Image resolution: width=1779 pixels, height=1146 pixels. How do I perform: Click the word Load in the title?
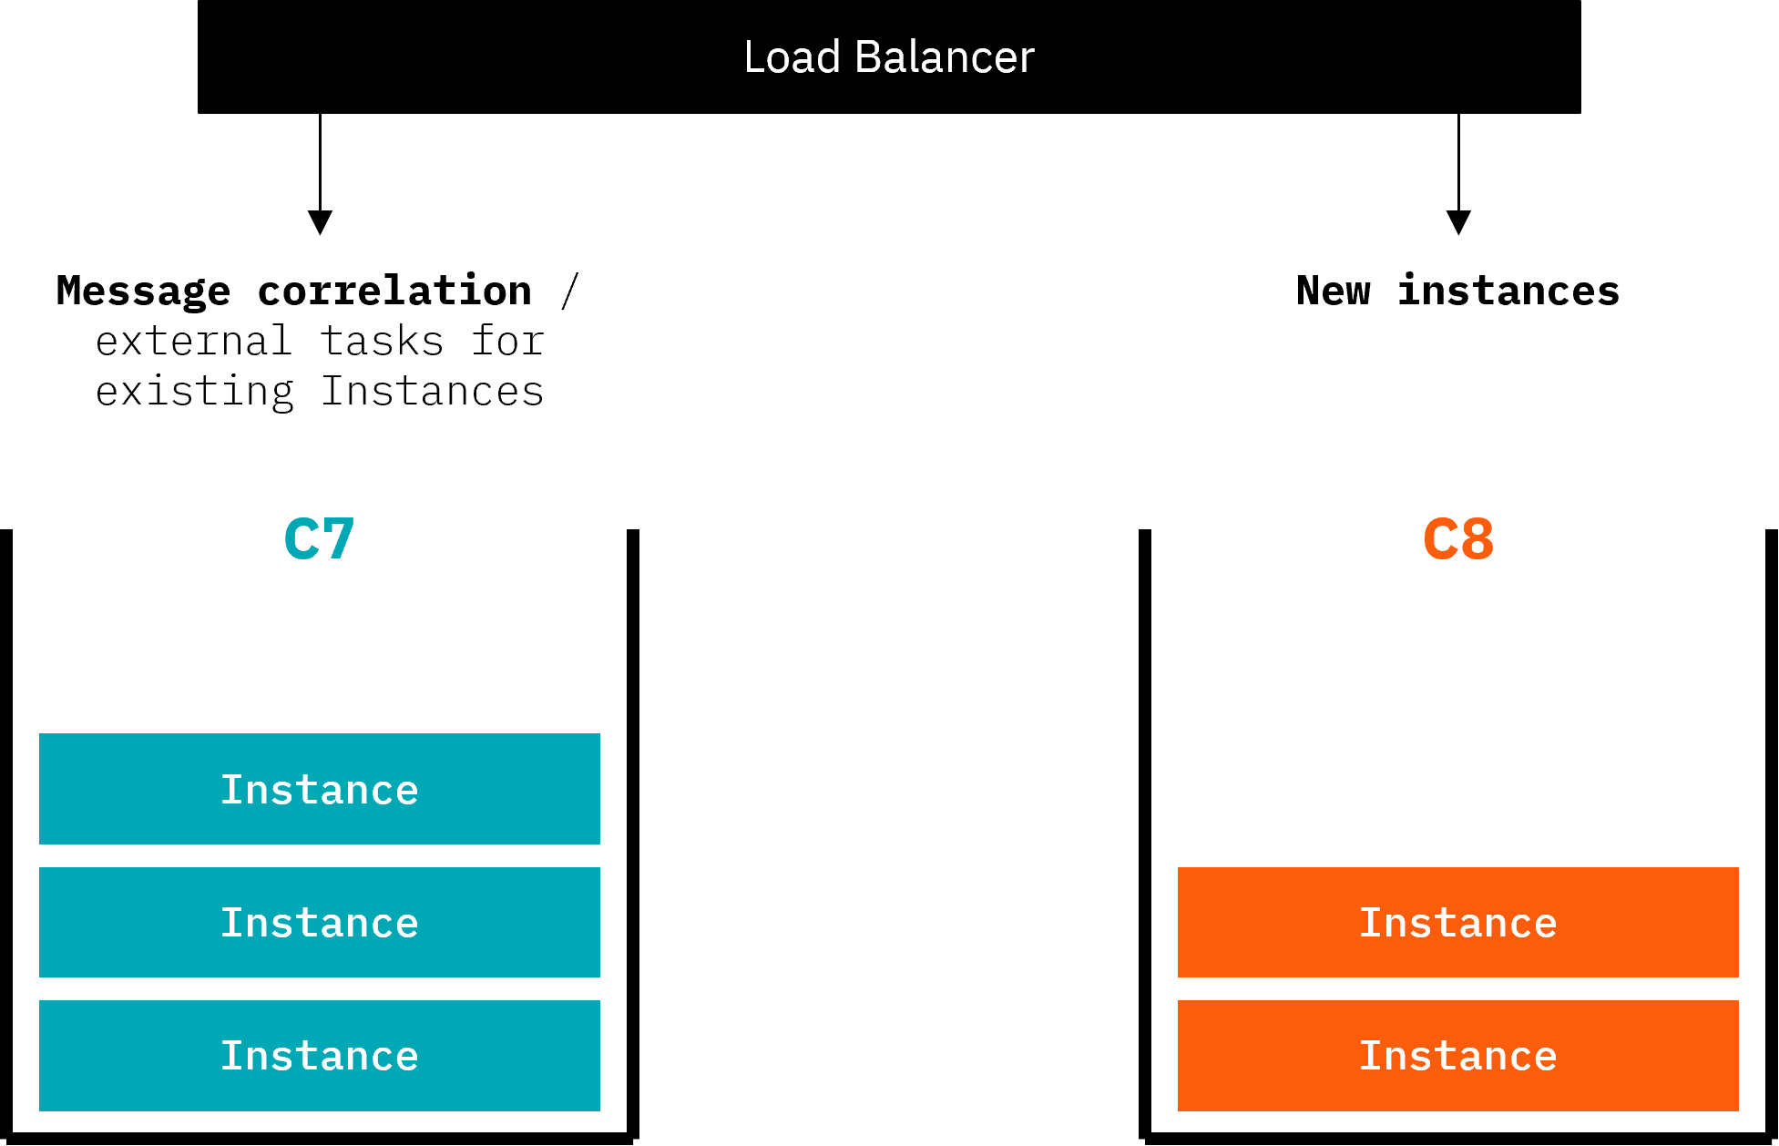click(x=791, y=57)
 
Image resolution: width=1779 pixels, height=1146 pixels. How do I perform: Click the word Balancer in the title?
click(x=945, y=57)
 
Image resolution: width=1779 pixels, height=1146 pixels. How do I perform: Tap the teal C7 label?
click(x=319, y=539)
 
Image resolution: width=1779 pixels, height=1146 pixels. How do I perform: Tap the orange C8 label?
click(x=1457, y=539)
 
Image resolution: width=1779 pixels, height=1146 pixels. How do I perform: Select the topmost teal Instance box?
click(x=319, y=789)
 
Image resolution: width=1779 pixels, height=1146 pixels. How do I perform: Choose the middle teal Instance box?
click(x=319, y=922)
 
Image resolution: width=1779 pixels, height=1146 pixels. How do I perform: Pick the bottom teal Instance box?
click(x=319, y=1055)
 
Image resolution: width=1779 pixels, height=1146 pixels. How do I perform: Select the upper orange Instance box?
click(x=1457, y=922)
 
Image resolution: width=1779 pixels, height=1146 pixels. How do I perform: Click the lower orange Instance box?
click(x=1457, y=1055)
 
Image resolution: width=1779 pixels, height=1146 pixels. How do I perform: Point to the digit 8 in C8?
click(x=1477, y=539)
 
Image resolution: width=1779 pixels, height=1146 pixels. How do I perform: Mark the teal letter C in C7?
click(x=302, y=539)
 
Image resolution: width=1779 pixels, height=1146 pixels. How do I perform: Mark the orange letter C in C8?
click(x=1440, y=539)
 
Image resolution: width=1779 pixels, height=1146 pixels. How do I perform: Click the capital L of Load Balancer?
click(x=755, y=57)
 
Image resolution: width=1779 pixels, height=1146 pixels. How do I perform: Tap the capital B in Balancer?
click(x=869, y=57)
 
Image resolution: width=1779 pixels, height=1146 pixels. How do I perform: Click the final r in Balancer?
click(x=1027, y=61)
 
